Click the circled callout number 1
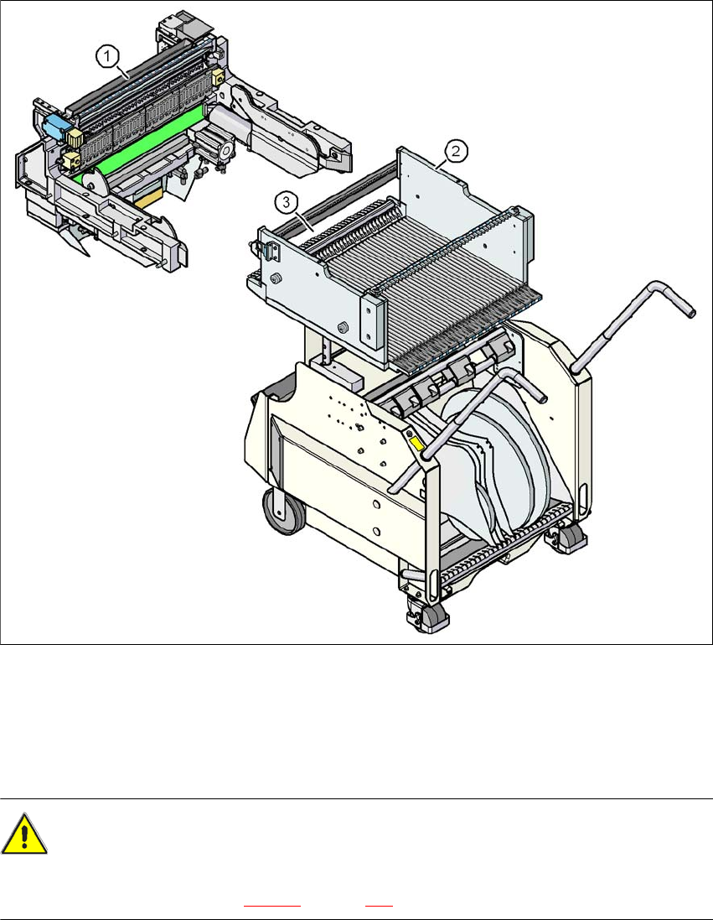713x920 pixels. pyautogui.click(x=107, y=57)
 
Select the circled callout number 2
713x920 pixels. pyautogui.click(x=456, y=151)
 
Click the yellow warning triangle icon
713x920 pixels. pyautogui.click(x=23, y=834)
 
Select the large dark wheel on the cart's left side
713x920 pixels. pyautogui.click(x=284, y=511)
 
